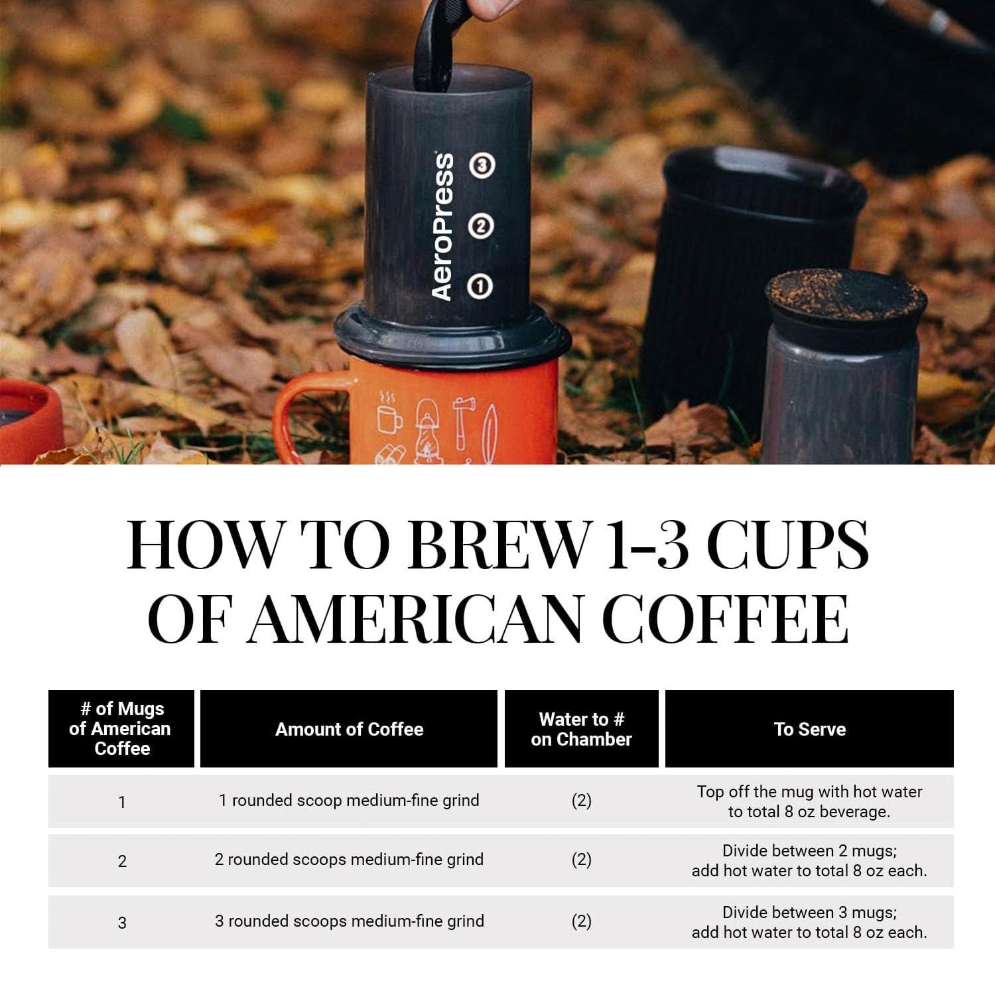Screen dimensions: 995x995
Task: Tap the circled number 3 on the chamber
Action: tap(482, 165)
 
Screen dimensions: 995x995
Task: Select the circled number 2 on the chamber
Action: tap(481, 226)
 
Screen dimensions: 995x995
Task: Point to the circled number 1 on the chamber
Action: tap(480, 287)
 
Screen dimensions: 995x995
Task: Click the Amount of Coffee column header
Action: tap(349, 729)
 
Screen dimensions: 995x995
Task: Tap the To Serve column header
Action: tap(809, 729)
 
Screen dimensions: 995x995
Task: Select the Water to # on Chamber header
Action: tap(581, 729)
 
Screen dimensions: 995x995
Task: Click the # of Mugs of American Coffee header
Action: tap(121, 729)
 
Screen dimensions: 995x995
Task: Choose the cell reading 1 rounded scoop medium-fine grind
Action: tap(349, 801)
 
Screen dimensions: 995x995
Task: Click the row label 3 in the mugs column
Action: tap(122, 923)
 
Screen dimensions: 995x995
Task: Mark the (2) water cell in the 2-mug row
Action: tap(581, 860)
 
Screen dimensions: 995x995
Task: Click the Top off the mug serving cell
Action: tap(809, 801)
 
